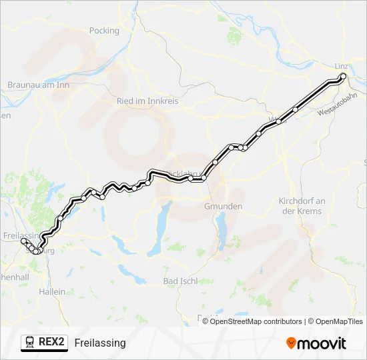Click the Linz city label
340,66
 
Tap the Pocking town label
104,31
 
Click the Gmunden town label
223,206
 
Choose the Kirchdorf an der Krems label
301,206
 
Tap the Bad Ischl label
179,281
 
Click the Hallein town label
53,291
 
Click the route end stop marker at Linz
344,77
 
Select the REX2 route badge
45,343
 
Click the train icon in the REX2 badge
30,343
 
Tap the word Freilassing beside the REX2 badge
100,343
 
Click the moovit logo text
322,343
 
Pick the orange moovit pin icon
291,343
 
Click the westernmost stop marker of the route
23,241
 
